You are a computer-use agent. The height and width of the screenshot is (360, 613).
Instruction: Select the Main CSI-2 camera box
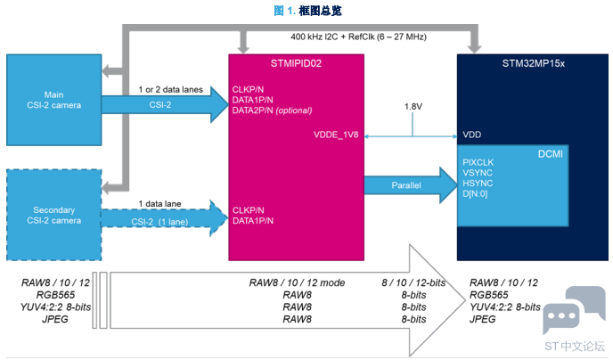[x=53, y=100]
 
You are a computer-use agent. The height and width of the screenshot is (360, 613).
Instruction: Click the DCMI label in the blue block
[x=549, y=154]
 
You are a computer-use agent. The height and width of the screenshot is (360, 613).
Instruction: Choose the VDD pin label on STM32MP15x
[x=471, y=136]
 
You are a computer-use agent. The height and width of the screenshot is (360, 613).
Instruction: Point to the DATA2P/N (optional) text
[x=273, y=110]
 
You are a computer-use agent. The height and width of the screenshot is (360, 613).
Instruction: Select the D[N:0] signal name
[x=478, y=194]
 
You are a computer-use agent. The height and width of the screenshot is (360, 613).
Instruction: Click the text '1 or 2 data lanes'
[x=170, y=90]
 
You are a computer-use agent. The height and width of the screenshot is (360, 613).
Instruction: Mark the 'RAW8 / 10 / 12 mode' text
[x=297, y=282]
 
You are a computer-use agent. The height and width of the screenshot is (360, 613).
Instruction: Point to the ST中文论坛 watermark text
[x=574, y=346]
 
